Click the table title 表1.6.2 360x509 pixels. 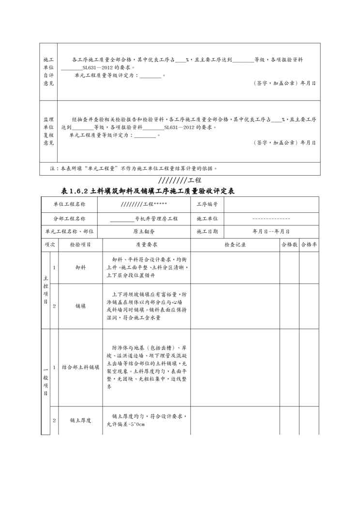(146, 191)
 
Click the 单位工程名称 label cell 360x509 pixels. (69, 205)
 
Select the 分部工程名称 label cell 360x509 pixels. (69, 219)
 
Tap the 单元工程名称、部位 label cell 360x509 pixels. (69, 231)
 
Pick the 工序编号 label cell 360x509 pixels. (207, 205)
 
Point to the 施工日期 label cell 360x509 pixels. (207, 231)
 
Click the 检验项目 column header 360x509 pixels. (80, 245)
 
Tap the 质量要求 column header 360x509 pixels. (144, 245)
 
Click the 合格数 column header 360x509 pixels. (289, 245)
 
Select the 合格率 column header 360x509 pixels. (309, 245)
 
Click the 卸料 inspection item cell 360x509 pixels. (80, 267)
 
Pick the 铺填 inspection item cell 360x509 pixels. (80, 306)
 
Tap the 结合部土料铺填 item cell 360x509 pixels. (80, 367)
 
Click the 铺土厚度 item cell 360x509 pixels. (80, 420)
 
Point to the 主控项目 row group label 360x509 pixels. (45, 290)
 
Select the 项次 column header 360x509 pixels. (50, 245)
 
